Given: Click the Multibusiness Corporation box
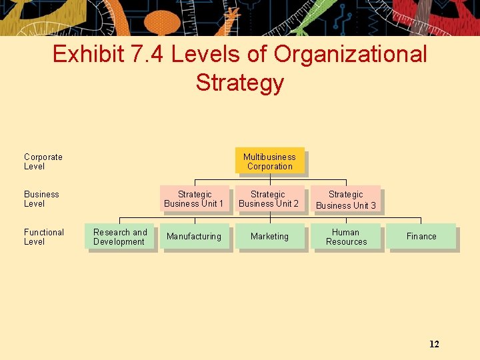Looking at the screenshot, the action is [x=269, y=161].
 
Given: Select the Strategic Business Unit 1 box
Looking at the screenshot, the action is [x=194, y=199].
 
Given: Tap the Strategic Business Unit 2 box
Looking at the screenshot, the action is [x=269, y=199].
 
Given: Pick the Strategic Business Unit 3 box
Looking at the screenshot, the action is [x=345, y=199].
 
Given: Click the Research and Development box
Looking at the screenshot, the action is [x=120, y=237].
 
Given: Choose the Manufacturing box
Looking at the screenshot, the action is [x=194, y=237].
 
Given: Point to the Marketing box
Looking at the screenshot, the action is [x=269, y=237].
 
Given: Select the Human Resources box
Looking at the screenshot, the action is [x=346, y=237].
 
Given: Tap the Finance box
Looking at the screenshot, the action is [x=421, y=237].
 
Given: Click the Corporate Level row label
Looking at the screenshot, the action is [x=43, y=161].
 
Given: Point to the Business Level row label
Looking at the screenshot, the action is [x=41, y=199].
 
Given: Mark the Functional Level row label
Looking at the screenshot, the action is [x=44, y=237].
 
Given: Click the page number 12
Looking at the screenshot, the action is [x=434, y=344].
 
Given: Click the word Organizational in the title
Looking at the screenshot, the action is [x=353, y=54].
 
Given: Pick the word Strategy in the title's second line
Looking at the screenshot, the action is [x=240, y=83].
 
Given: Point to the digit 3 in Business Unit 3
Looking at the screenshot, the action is [x=373, y=205].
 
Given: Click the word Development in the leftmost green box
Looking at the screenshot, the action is [x=119, y=242].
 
